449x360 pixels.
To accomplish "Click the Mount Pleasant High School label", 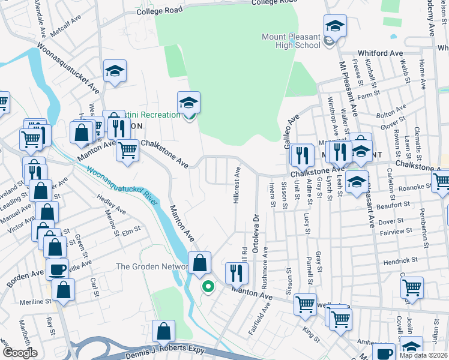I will coord(291,41).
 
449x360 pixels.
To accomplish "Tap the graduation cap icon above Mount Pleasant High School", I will coord(335,26).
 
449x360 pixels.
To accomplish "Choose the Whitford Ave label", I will coord(381,53).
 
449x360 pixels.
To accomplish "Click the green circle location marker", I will coord(208,287).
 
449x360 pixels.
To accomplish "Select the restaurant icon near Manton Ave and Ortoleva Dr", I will coord(237,273).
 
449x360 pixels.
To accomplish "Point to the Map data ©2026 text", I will coord(423,355).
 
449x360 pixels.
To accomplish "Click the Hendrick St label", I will coord(400,260).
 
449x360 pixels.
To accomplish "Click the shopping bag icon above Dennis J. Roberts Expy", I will coord(163,331).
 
